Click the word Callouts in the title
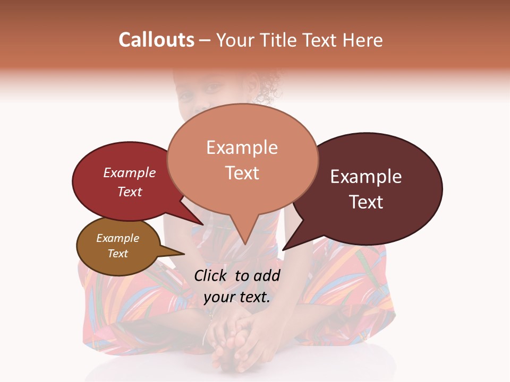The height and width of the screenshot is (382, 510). coord(156,40)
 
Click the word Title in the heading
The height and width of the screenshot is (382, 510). coord(279,40)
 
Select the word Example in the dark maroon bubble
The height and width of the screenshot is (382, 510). coord(366,177)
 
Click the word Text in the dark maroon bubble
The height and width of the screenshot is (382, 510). coord(366,202)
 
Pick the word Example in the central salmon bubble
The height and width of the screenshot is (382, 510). coord(242,147)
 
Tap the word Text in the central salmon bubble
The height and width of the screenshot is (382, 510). coord(242,173)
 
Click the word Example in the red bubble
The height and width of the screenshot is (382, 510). coord(129,172)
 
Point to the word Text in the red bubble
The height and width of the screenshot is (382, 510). coord(129,192)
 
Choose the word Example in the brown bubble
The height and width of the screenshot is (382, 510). coord(117,238)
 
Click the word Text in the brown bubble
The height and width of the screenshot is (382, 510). coord(117,254)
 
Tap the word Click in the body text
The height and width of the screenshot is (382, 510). coord(211,275)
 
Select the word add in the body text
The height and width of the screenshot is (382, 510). coord(267,275)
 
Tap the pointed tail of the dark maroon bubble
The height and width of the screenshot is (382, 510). coord(284,249)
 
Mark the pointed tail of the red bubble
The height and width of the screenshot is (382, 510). coord(202,224)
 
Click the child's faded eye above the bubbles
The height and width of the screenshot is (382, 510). coord(185,98)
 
